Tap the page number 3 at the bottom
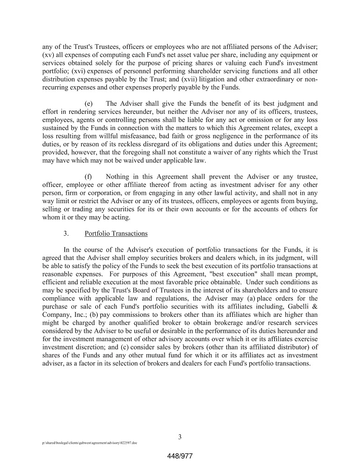(x=180, y=437)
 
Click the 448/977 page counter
(x=180, y=457)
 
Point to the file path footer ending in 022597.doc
(x=89, y=444)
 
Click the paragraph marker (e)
(x=89, y=103)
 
